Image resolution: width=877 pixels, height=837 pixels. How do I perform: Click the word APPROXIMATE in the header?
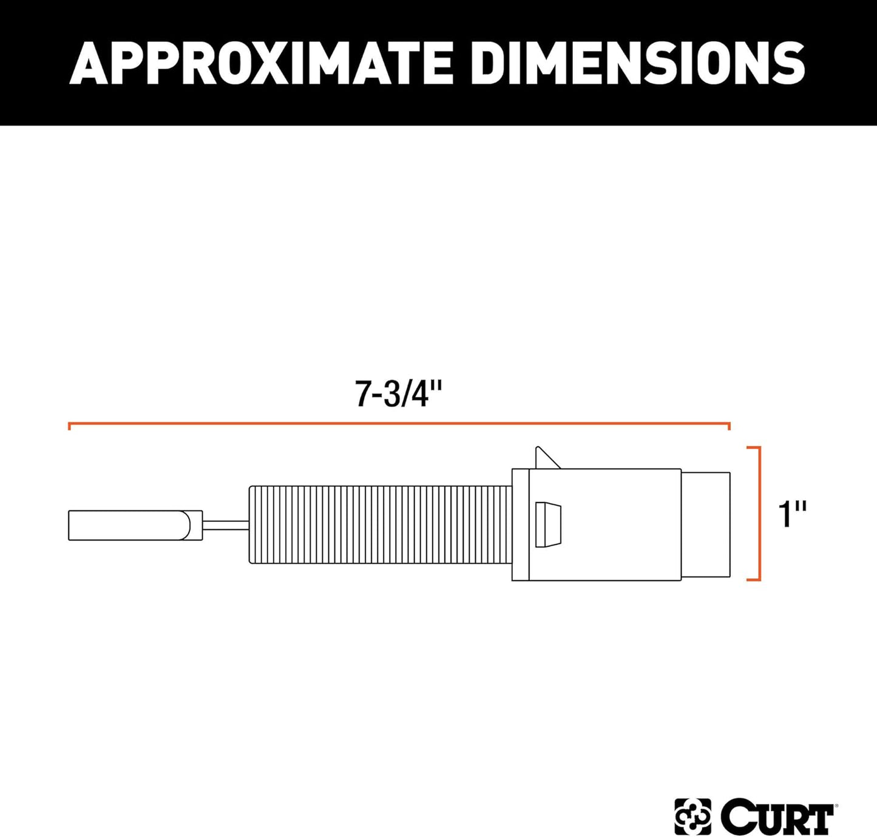(x=262, y=63)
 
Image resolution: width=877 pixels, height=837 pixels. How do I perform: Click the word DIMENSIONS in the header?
(x=638, y=63)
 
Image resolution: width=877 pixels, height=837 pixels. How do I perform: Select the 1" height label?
(x=791, y=514)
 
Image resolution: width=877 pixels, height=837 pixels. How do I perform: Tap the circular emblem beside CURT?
(x=692, y=816)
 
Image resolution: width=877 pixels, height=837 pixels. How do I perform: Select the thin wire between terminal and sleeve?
(x=225, y=525)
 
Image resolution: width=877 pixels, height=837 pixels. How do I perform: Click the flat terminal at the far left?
(x=127, y=526)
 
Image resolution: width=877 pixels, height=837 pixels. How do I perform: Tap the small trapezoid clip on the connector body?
(x=548, y=525)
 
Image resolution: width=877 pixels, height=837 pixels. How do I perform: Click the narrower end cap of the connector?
(x=705, y=524)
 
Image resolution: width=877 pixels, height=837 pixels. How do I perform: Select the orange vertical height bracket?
(x=759, y=513)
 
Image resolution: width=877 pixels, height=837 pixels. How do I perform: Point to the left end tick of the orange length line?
(x=70, y=426)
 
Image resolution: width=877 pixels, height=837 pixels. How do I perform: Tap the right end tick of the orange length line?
(x=728, y=426)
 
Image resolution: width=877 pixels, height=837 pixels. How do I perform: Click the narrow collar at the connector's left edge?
(x=520, y=524)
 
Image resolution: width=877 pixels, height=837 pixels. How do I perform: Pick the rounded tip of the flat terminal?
(x=195, y=526)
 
